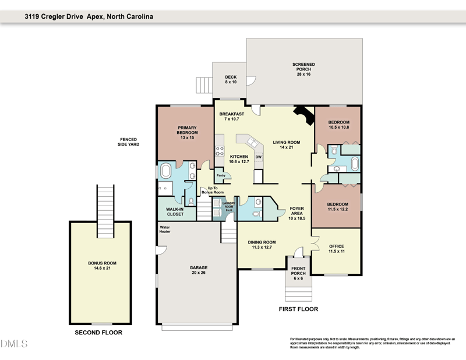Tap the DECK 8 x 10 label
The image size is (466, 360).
coord(231,79)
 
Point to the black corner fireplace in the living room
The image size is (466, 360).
coord(303,115)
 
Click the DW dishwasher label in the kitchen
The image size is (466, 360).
coord(258,157)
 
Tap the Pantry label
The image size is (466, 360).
coord(221,175)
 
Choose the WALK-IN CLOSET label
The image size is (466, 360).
coord(175,211)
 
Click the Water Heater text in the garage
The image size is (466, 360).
coord(165,230)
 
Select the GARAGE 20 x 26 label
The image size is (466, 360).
coord(198,270)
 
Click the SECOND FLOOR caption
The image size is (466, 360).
coord(98,333)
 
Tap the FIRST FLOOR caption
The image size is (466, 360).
coord(298,309)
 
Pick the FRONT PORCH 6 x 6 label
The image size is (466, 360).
coord(298,272)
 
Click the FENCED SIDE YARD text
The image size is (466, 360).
coord(129,142)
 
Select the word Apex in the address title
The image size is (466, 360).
coord(95,17)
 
